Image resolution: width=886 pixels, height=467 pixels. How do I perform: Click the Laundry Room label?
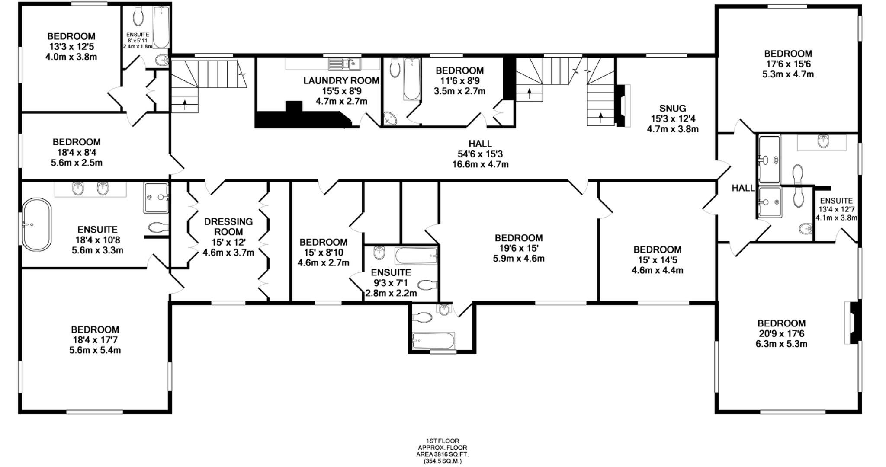pos(341,80)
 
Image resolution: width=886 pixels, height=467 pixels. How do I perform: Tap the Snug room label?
pos(672,108)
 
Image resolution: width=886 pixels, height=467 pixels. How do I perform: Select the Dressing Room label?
pos(228,226)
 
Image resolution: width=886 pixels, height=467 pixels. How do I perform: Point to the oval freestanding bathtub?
pos(37,224)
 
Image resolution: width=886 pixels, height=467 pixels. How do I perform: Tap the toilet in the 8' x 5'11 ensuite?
pos(138,17)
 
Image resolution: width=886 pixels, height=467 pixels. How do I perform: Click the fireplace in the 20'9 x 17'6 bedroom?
pos(851,323)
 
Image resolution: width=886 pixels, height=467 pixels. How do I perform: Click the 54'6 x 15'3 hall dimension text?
pos(480,154)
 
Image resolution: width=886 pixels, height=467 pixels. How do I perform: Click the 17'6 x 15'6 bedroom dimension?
pos(788,64)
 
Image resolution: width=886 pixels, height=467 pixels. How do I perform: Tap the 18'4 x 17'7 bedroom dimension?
pos(95,340)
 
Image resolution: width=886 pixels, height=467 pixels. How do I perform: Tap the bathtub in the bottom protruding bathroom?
pos(433,340)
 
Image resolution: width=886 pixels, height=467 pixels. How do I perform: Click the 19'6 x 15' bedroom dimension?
pos(518,248)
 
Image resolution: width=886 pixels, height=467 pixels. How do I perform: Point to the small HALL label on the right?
pos(743,188)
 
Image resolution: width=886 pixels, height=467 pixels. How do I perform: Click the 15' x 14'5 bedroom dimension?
pos(657,260)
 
